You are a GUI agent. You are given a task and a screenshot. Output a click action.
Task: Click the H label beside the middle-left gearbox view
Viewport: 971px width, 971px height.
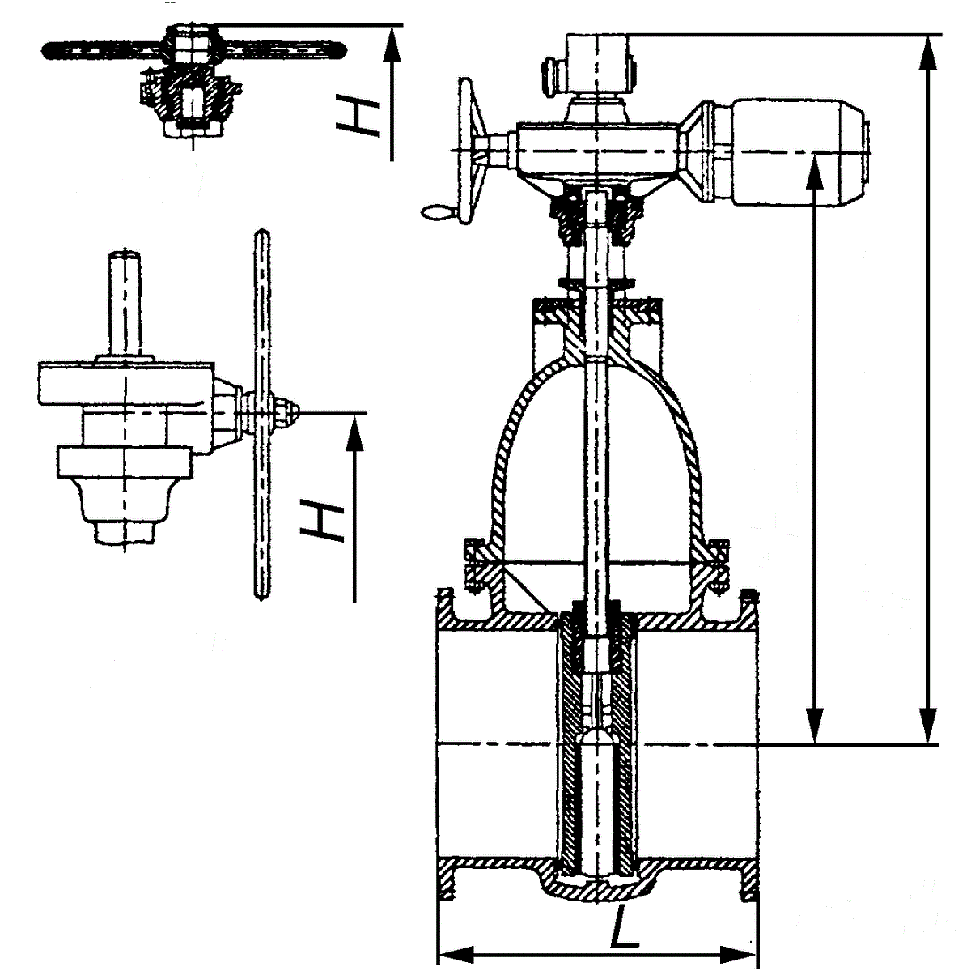pos(320,518)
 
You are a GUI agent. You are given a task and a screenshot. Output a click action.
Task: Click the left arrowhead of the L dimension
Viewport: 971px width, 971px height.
pos(447,951)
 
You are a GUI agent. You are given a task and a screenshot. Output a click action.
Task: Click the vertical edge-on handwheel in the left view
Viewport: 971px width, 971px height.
pos(261,413)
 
